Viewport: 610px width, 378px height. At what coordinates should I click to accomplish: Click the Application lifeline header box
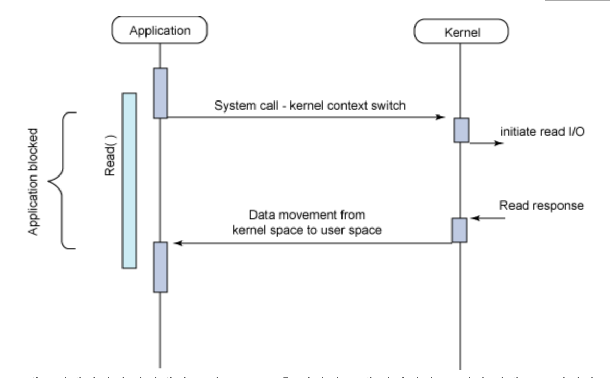point(161,30)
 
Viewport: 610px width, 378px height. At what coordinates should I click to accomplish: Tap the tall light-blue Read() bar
point(129,181)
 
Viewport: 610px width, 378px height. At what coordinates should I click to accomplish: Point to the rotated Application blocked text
point(33,180)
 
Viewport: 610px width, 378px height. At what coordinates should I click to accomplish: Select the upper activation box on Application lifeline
point(161,93)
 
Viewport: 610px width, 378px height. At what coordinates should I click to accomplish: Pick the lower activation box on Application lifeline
point(161,267)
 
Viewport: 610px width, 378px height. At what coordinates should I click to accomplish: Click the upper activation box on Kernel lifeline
point(461,130)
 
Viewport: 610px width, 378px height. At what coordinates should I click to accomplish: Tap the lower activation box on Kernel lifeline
point(459,230)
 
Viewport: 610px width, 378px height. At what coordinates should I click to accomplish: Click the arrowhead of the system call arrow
point(441,117)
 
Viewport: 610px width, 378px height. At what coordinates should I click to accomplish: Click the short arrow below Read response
point(487,218)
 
